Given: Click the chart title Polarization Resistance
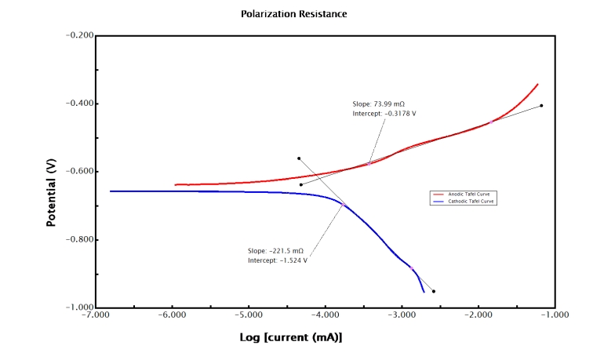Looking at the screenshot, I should [x=294, y=14].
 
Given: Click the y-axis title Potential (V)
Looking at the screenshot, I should [x=51, y=193].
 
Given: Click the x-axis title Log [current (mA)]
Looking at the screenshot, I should [x=291, y=337].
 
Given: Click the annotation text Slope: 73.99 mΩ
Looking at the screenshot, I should [x=379, y=104].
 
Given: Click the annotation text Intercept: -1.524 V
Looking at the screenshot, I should [x=278, y=260].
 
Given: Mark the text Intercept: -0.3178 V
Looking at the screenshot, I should [x=384, y=114].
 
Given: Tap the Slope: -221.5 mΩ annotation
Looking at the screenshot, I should [x=274, y=250].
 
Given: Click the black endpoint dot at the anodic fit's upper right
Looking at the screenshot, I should [x=541, y=106].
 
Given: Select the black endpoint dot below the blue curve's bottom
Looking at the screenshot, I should [x=434, y=291].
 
